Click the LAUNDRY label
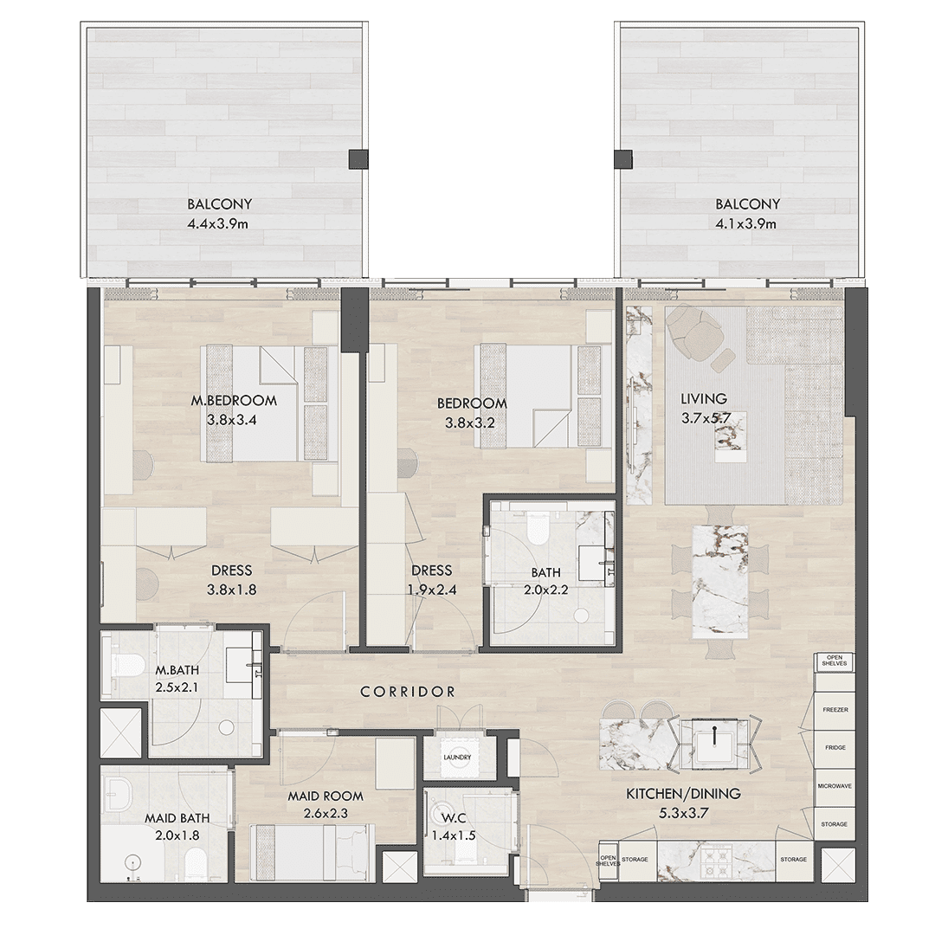coord(457,758)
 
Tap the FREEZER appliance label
coord(835,710)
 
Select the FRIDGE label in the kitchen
coord(835,748)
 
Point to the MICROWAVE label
coord(835,786)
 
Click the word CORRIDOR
coord(408,692)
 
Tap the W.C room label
coord(453,818)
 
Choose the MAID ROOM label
coord(326,796)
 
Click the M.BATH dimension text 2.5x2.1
coord(177,687)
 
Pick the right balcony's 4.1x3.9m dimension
coord(747,224)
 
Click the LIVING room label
coord(704,398)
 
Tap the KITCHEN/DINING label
coord(683,794)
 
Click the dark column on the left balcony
coord(358,158)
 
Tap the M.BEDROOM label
coord(234,401)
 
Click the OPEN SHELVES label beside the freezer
coord(835,660)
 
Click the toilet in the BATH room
coord(538,528)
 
